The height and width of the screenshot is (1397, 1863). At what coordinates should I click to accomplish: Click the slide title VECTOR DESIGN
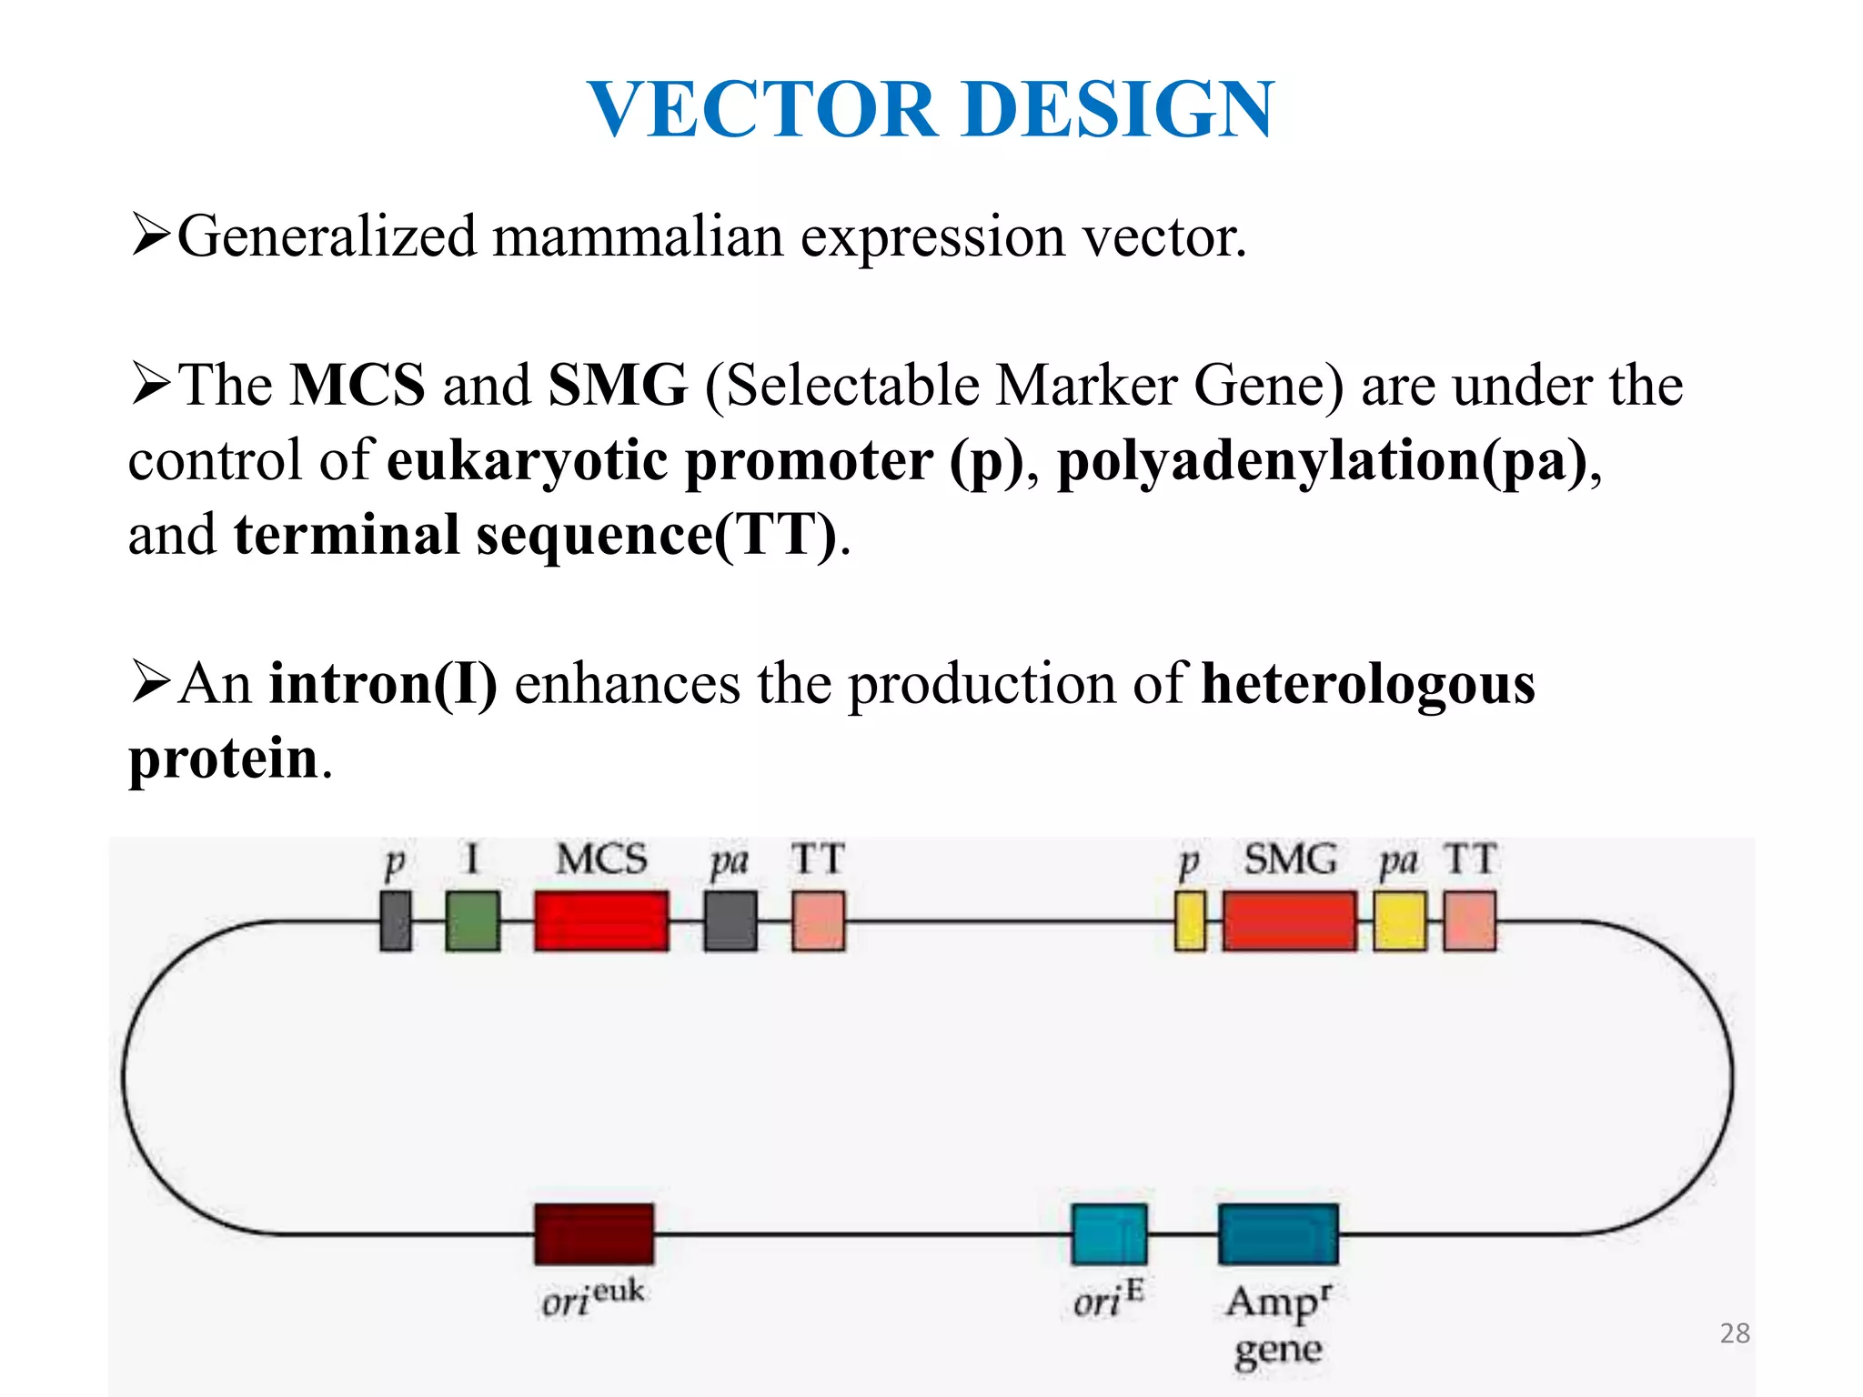pos(931,109)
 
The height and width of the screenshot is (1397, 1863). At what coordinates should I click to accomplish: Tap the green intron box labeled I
pos(472,920)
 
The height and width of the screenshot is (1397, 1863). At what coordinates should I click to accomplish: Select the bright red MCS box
pos(601,920)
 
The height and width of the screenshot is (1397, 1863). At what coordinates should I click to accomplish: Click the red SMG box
pos(1289,920)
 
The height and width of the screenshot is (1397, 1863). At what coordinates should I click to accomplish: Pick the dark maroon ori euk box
pos(593,1233)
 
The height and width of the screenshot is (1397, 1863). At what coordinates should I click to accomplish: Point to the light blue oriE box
pos(1109,1233)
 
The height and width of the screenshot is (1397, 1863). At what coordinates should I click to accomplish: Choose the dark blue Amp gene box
pos(1278,1233)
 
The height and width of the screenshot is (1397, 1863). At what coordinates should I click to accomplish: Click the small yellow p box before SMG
pos(1190,920)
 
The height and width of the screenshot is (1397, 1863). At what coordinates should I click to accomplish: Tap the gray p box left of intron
pos(395,920)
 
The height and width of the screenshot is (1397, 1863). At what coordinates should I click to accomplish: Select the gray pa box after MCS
pos(730,920)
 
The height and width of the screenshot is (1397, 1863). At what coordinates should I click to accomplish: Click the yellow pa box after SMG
pos(1399,920)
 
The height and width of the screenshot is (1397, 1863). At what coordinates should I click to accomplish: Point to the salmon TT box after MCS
pos(818,920)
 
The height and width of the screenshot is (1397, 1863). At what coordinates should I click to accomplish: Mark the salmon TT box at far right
pos(1469,920)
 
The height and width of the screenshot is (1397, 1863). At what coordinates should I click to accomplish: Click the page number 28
pos(1735,1333)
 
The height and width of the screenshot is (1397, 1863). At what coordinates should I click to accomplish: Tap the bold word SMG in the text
pos(618,386)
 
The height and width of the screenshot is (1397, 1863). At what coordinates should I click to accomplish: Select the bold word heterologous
pos(1368,684)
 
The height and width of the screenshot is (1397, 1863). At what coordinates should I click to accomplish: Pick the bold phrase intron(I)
pos(383,684)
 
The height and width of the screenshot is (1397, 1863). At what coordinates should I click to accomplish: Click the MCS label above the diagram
pos(601,859)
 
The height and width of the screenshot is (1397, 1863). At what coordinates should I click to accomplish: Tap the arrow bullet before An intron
pos(150,682)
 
